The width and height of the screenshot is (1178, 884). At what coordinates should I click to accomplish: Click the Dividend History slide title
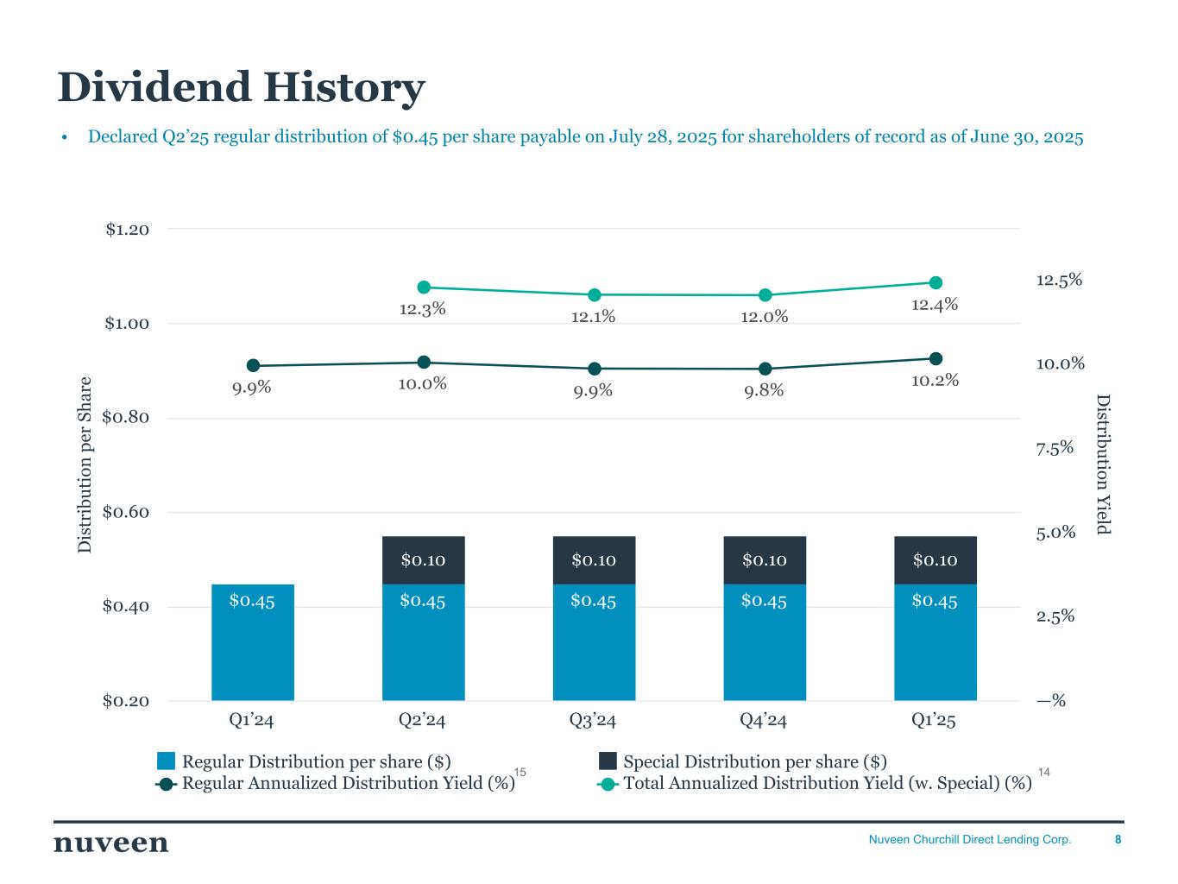coord(241,88)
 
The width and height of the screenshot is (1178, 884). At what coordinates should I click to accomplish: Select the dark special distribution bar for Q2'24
coord(423,560)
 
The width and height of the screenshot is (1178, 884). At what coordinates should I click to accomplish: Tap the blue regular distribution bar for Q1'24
coord(253,642)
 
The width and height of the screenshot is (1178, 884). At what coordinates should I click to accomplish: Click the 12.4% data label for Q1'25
coord(935,304)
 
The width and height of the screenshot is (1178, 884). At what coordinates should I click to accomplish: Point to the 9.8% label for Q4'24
coord(764,391)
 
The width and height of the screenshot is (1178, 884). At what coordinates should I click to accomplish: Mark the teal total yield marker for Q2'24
coord(424,287)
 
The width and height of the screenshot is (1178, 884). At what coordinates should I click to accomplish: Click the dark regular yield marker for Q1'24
coord(253,366)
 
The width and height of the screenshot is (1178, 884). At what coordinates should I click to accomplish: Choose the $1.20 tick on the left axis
coord(127,230)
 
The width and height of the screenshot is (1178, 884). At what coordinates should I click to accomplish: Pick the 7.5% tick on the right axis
coord(1055,447)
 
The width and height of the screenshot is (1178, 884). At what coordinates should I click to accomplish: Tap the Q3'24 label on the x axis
coord(593,720)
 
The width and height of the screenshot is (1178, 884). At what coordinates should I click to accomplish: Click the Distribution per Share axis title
coord(85,464)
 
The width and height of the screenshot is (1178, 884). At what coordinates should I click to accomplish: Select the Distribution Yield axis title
coord(1102,464)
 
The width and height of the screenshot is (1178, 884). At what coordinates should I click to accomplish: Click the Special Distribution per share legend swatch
coord(608,761)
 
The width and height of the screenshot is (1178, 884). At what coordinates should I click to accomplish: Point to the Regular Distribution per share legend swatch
coord(167,761)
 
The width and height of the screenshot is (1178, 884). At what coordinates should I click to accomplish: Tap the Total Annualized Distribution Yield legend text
coord(827,783)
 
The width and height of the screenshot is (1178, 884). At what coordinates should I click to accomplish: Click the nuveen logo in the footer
coord(111,843)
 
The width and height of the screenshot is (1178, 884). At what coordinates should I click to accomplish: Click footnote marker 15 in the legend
coord(520,771)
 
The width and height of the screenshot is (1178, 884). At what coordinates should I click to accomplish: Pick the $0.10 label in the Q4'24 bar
coord(764,560)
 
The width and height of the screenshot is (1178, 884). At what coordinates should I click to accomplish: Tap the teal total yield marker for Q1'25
coord(935,282)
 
